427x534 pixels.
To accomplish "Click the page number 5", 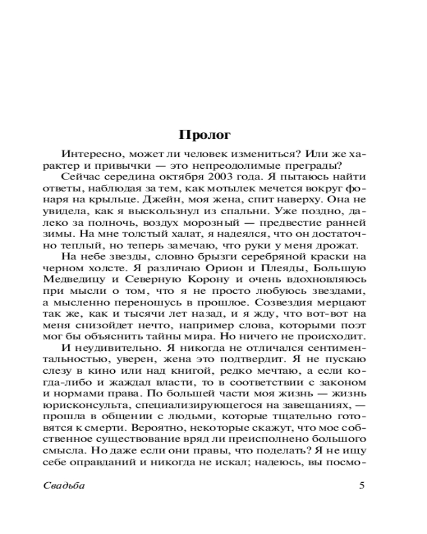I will [362, 485].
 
